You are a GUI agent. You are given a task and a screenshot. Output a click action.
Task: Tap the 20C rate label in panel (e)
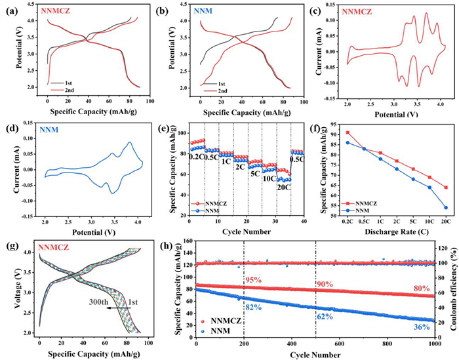coord(283,188)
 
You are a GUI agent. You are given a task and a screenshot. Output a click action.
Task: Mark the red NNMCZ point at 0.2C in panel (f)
coord(348,132)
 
